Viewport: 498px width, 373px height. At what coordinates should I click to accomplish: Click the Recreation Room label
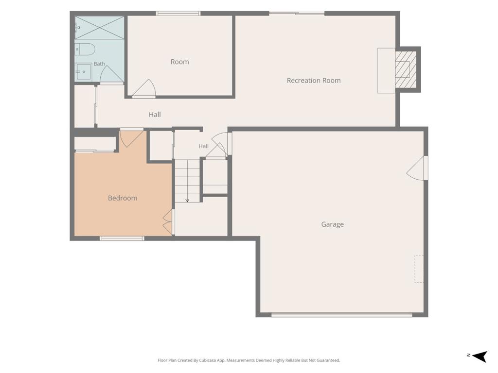314,81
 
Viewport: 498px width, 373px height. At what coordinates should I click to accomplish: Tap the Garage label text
332,224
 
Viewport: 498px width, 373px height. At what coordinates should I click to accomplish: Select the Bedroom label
122,198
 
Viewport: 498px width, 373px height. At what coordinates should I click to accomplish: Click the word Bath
99,64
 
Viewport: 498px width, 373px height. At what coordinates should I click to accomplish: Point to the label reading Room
180,62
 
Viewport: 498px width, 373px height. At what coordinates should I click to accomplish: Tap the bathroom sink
83,72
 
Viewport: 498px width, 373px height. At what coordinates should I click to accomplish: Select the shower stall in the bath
99,28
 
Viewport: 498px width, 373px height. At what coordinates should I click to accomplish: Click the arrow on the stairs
187,181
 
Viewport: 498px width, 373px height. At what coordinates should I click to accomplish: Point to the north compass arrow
480,356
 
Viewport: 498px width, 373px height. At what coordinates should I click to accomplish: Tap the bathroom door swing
111,74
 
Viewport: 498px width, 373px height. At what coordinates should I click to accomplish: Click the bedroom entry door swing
131,139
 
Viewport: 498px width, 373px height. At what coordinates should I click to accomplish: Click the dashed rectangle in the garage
419,269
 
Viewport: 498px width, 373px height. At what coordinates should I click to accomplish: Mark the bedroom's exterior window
122,238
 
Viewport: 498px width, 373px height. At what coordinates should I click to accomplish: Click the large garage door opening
342,315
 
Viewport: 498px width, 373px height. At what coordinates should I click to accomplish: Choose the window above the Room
178,13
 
